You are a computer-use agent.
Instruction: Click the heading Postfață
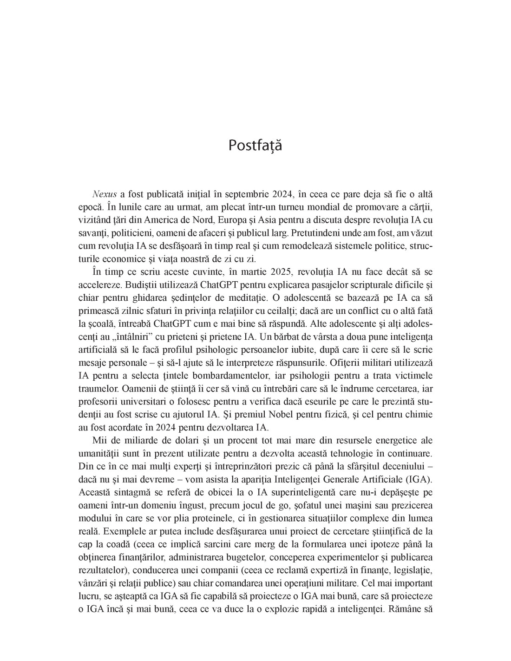pos(255,145)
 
